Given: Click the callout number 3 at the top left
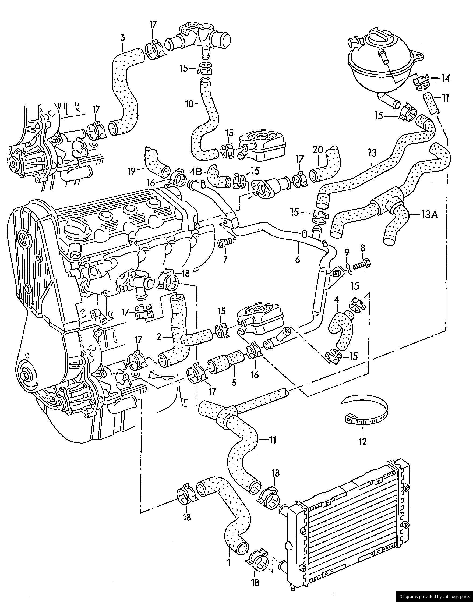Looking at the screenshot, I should pyautogui.click(x=122, y=37).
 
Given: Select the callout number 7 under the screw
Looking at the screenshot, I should pyautogui.click(x=225, y=260).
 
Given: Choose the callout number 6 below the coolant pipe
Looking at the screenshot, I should pyautogui.click(x=298, y=260).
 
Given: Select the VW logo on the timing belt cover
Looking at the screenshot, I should pyautogui.click(x=24, y=239).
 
